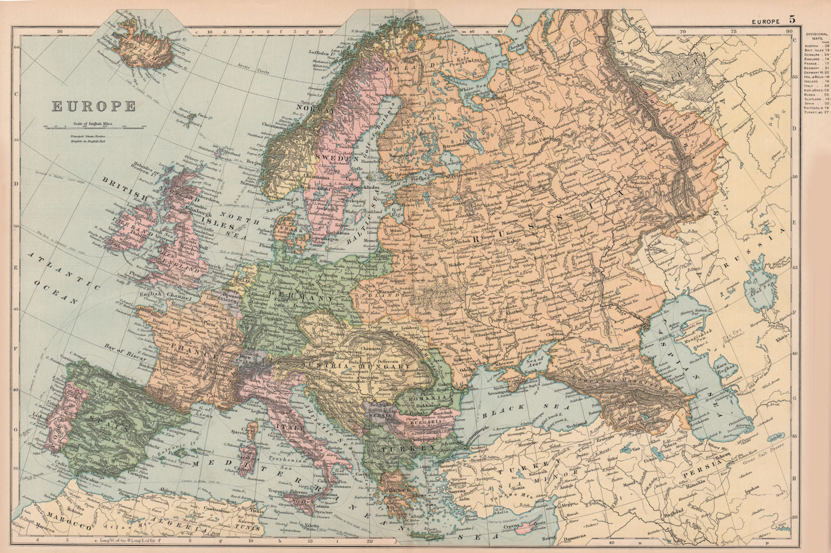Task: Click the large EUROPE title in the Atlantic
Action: [x=93, y=106]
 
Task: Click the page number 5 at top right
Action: [x=792, y=19]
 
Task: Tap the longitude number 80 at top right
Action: [x=789, y=31]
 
